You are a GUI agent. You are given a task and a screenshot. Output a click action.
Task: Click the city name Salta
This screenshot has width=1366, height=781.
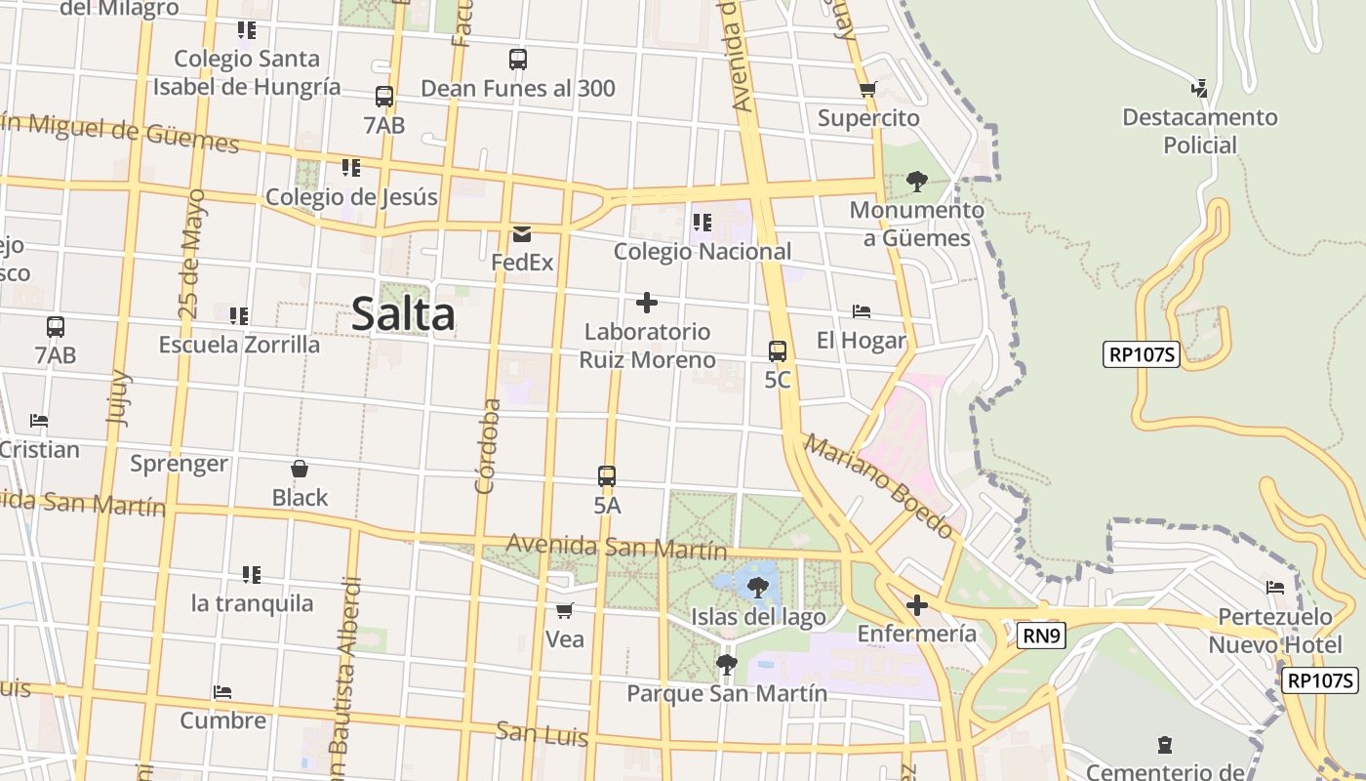click(403, 314)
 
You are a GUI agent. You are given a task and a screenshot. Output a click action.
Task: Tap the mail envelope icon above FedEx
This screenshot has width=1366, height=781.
click(522, 234)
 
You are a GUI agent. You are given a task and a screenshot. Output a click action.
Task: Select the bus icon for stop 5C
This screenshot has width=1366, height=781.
click(778, 351)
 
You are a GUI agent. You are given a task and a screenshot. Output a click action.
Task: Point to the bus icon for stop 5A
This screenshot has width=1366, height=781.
click(607, 477)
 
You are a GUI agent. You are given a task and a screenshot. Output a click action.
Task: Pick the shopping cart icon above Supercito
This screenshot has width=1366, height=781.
click(868, 90)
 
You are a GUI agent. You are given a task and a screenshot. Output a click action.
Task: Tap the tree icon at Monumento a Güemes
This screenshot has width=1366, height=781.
click(916, 181)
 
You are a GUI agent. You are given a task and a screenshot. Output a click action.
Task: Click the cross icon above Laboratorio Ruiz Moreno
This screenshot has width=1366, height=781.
click(646, 303)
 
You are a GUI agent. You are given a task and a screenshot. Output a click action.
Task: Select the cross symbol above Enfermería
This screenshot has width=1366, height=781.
click(916, 605)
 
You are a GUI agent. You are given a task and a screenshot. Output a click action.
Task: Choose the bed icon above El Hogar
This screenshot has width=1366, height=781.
click(862, 311)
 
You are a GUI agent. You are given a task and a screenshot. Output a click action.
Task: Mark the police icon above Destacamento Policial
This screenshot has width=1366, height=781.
click(1200, 89)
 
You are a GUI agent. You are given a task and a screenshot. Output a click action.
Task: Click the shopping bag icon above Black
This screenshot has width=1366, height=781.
click(300, 470)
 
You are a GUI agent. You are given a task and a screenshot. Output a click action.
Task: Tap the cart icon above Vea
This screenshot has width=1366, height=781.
click(564, 611)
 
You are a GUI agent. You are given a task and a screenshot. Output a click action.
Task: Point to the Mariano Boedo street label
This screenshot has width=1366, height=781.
click(878, 486)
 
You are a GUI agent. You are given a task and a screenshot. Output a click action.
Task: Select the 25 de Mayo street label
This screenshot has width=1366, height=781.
click(192, 254)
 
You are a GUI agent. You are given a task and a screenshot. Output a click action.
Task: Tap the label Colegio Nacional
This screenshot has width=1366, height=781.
click(703, 251)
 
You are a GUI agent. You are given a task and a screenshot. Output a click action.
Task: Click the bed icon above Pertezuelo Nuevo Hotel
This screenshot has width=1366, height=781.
click(1274, 588)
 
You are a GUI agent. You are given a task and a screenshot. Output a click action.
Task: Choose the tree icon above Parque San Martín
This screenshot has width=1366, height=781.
click(726, 665)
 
